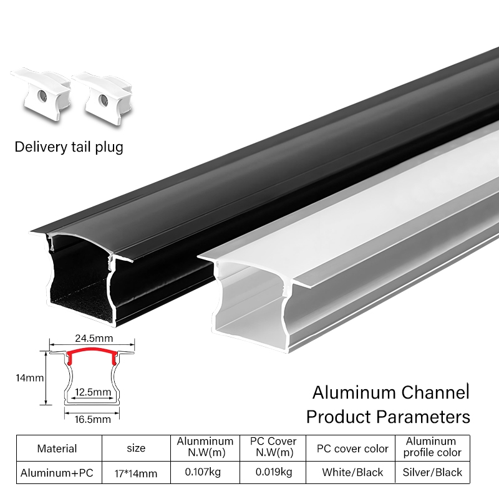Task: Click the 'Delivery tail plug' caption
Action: (69, 147)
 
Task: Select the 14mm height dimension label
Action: (30, 378)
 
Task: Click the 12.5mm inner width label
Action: (92, 392)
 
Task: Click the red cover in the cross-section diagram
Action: (92, 353)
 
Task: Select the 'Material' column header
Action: (57, 448)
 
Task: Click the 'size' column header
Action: (135, 448)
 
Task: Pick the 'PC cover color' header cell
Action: (352, 448)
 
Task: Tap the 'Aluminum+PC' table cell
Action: (57, 473)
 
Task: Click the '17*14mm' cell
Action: (135, 473)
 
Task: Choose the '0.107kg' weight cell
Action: (203, 472)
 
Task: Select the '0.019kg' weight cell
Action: (273, 472)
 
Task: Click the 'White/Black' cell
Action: (352, 472)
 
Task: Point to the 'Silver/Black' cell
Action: (433, 472)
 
